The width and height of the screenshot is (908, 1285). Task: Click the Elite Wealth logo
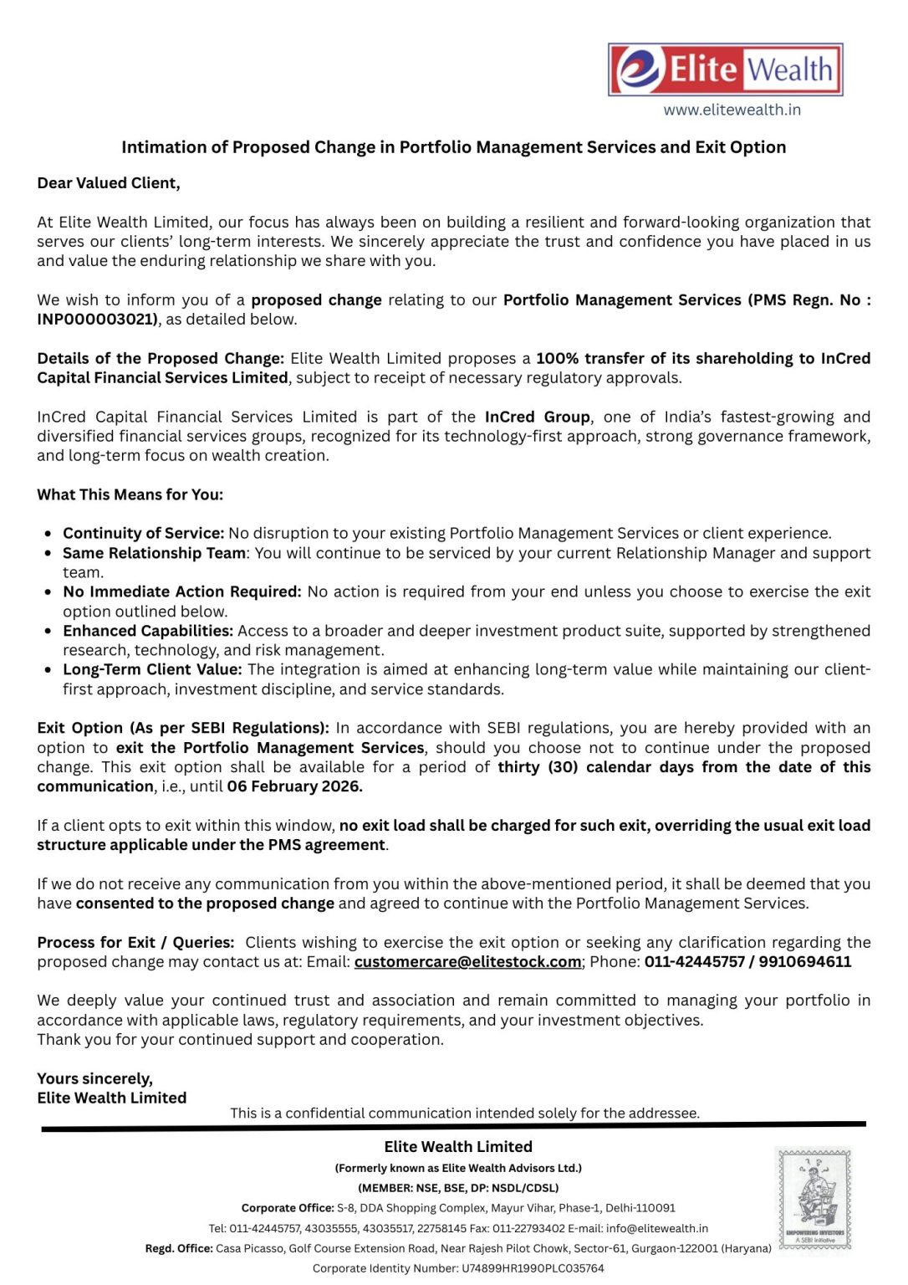725,69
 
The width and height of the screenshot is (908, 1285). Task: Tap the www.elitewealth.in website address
732,110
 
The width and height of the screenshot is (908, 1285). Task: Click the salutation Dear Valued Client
109,183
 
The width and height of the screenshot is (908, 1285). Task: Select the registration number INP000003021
97,320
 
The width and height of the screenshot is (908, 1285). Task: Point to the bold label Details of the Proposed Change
161,359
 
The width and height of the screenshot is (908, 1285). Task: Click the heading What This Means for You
130,494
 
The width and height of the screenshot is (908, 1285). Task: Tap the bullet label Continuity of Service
143,534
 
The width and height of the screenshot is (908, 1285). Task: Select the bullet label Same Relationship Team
154,553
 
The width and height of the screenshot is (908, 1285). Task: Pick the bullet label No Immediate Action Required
181,592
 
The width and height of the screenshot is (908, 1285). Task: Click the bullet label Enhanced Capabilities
147,631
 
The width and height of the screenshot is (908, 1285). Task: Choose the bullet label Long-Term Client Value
152,670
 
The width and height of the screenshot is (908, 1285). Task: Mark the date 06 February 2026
294,786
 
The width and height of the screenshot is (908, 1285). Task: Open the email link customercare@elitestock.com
467,962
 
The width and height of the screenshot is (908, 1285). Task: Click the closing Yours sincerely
94,1078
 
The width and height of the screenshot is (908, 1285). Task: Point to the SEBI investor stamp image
813,1199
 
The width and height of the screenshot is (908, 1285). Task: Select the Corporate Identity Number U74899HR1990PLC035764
533,1268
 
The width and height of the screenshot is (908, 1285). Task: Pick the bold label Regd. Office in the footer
179,1248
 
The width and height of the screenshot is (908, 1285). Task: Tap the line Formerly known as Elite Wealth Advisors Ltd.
458,1168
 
